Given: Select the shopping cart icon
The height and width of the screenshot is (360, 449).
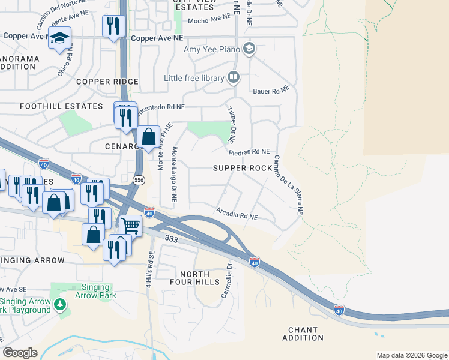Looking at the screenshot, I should click(x=130, y=226).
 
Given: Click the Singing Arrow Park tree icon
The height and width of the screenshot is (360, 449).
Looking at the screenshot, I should click(x=59, y=305).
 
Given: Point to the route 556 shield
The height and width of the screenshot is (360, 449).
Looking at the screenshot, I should click(x=139, y=180).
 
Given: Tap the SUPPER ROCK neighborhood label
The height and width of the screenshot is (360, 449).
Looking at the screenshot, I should click(x=243, y=169).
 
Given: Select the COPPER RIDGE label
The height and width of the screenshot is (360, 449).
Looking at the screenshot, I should click(x=107, y=82).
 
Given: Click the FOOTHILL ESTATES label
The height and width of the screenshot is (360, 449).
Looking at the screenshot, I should click(x=61, y=106).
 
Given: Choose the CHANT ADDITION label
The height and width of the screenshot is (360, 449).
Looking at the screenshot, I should click(x=306, y=334).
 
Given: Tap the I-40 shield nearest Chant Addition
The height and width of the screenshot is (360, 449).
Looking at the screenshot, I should click(x=339, y=310).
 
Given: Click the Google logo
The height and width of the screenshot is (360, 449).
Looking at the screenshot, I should click(x=20, y=353).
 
